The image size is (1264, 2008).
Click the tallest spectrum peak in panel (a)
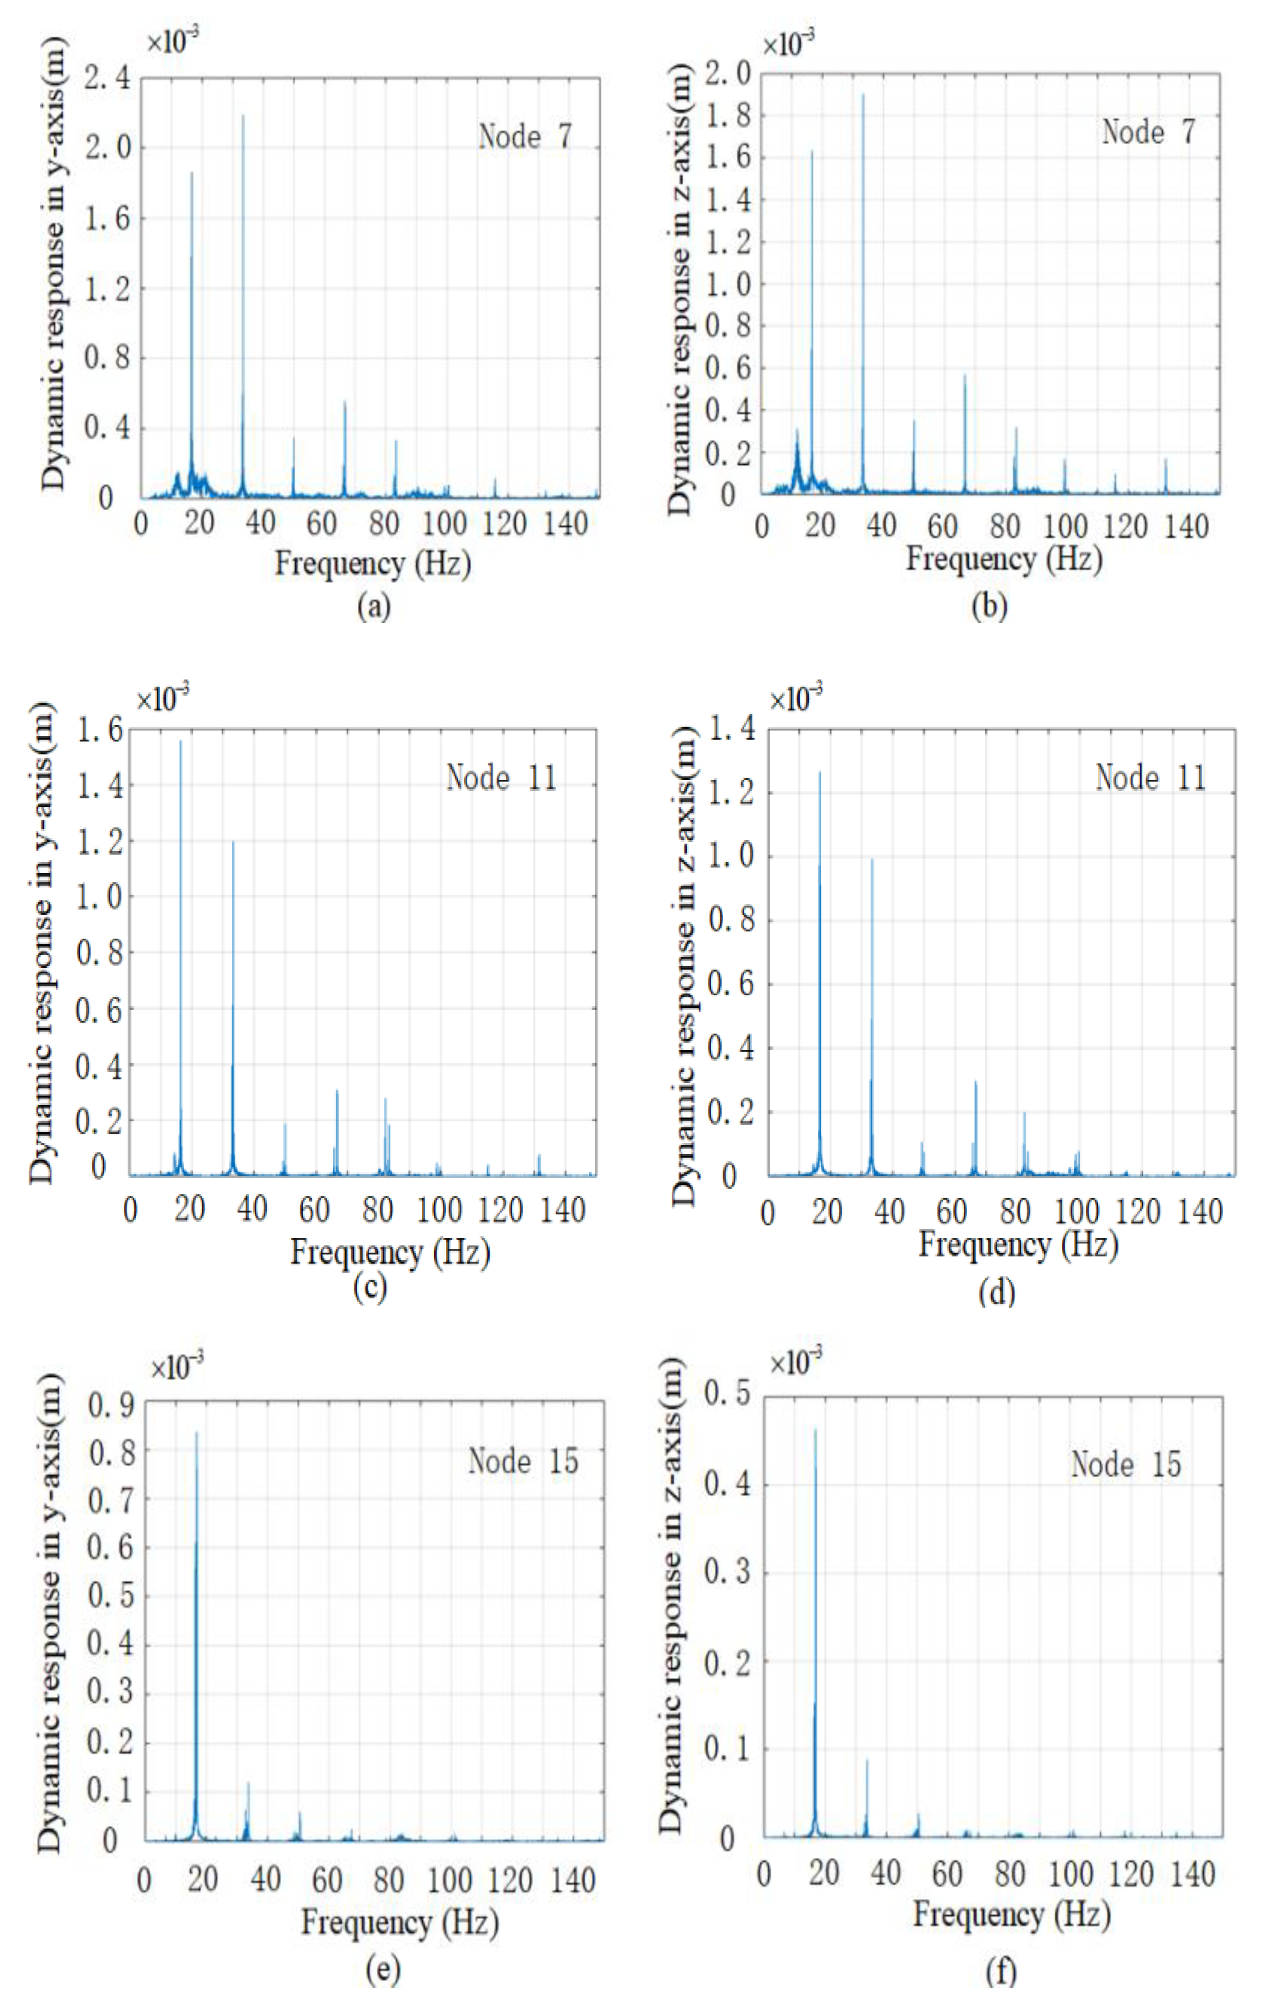[243, 117]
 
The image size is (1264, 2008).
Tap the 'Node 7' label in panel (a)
[525, 136]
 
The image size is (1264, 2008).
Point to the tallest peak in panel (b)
[862, 95]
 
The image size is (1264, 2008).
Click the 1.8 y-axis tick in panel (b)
[728, 116]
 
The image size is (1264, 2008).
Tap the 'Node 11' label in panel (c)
[502, 778]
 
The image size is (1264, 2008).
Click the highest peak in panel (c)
[180, 741]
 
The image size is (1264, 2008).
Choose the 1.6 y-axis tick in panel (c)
[100, 731]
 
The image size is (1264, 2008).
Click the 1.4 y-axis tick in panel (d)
[731, 729]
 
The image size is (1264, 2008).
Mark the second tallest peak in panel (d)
[872, 860]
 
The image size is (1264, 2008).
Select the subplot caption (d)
[997, 1292]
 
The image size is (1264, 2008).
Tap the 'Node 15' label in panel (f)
[1125, 1464]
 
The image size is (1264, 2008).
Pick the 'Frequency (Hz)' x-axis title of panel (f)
[1011, 1913]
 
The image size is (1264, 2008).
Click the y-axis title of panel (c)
[42, 942]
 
